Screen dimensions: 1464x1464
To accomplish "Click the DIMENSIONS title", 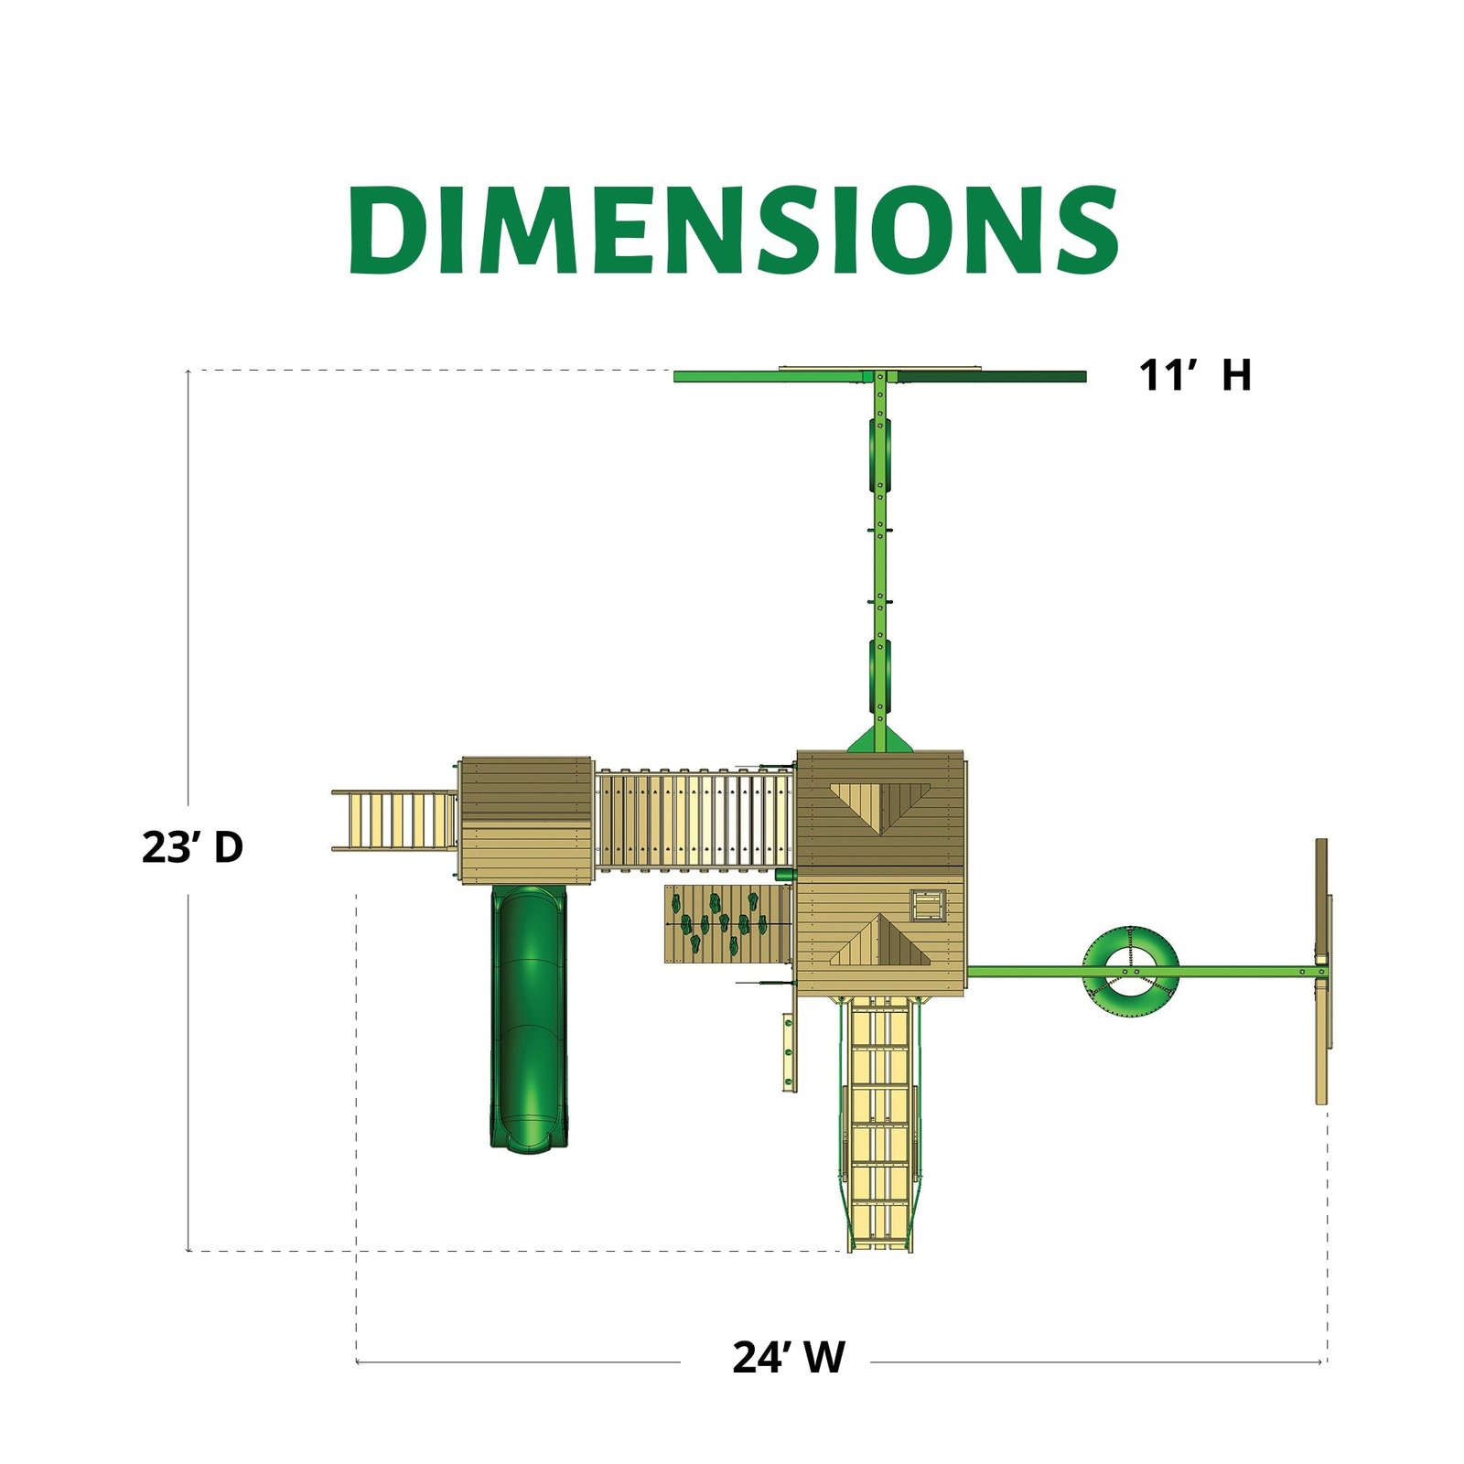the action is click(x=733, y=230).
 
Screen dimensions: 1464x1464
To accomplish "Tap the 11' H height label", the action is click(x=1194, y=375).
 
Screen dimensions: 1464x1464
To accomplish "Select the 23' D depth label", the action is click(x=192, y=847).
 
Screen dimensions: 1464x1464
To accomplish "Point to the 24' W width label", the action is click(x=789, y=1357).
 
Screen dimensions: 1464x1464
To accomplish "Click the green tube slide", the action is click(x=529, y=1016).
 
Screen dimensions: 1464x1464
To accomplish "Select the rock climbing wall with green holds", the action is click(x=727, y=923).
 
